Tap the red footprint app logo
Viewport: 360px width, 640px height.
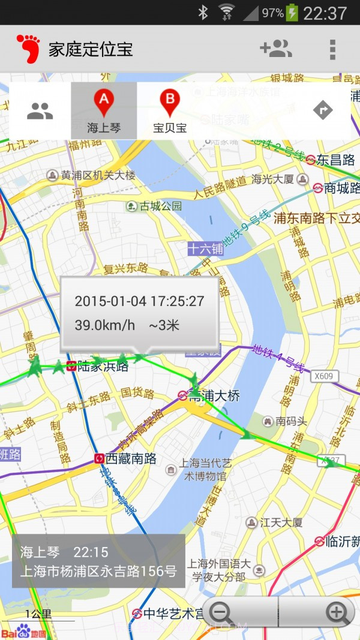pos(28,49)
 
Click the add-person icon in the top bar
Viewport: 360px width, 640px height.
pos(276,49)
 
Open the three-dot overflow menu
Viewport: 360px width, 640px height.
pos(332,49)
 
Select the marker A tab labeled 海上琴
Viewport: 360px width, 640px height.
pos(104,111)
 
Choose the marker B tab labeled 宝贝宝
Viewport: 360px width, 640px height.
pos(170,111)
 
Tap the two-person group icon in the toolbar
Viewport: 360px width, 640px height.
pos(40,110)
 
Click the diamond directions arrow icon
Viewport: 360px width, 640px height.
pos(323,110)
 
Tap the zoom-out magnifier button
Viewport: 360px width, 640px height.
pos(221,612)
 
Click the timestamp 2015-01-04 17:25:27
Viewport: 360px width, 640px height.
pos(139,301)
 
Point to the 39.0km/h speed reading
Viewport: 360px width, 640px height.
pos(105,326)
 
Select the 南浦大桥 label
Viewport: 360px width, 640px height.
pos(214,396)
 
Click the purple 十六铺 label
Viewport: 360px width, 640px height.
pos(205,249)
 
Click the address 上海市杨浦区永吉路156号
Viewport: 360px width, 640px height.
pos(98,571)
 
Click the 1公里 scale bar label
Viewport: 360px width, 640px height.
pos(38,614)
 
